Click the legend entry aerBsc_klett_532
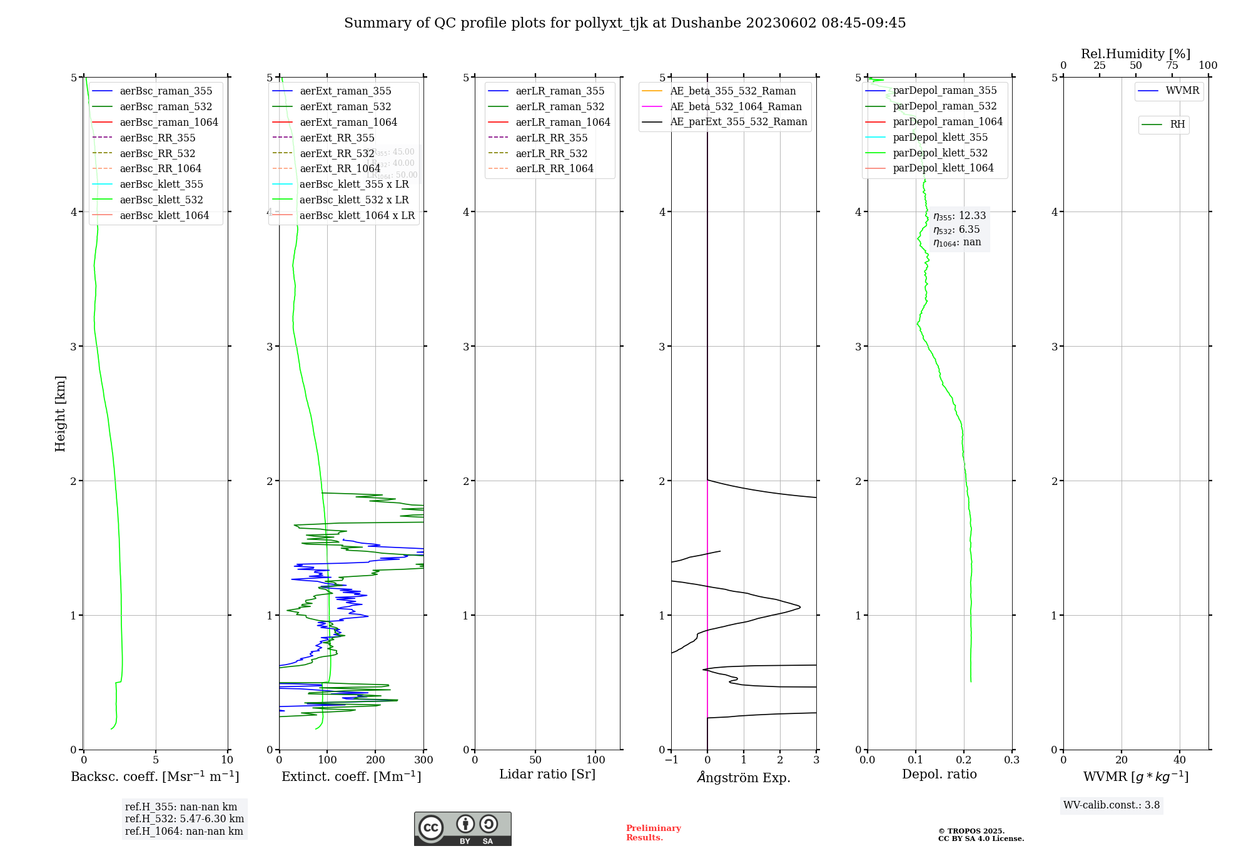pyautogui.click(x=161, y=200)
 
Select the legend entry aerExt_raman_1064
pyautogui.click(x=348, y=123)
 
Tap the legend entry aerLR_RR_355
pyautogui.click(x=551, y=138)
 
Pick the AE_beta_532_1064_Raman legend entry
pyautogui.click(x=736, y=107)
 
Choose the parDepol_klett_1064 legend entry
pyautogui.click(x=943, y=168)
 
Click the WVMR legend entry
pyautogui.click(x=1182, y=91)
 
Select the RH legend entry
pyautogui.click(x=1177, y=125)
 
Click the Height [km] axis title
pyautogui.click(x=60, y=414)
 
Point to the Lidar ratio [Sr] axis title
pyautogui.click(x=547, y=775)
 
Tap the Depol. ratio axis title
pyautogui.click(x=939, y=775)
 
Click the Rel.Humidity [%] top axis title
pyautogui.click(x=1135, y=54)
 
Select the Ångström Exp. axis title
pyautogui.click(x=744, y=778)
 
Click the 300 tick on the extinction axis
pyautogui.click(x=423, y=760)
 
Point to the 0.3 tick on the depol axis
pyautogui.click(x=1011, y=760)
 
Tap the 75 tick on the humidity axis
pyautogui.click(x=1172, y=66)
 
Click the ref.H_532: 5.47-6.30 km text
pyautogui.click(x=185, y=819)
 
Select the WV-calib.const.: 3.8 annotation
pyautogui.click(x=1112, y=805)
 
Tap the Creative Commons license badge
pyautogui.click(x=462, y=828)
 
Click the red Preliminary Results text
pyautogui.click(x=653, y=833)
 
